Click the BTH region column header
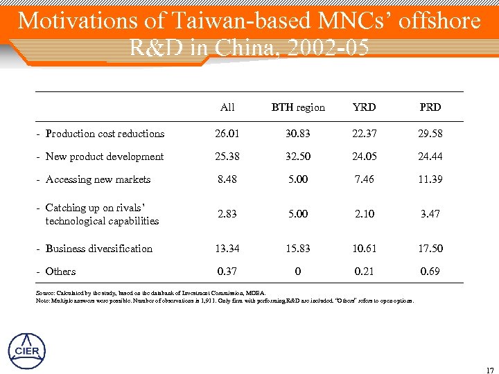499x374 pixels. point(298,107)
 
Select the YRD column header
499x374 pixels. point(364,107)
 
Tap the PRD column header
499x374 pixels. point(430,107)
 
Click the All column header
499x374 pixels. point(227,107)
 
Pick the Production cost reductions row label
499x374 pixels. point(105,134)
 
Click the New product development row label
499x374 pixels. point(104,157)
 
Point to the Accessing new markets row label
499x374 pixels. point(98,179)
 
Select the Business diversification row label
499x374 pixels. point(98,248)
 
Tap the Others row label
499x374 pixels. point(60,271)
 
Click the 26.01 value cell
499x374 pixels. point(227,134)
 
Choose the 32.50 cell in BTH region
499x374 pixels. point(298,157)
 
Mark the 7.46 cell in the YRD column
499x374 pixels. point(364,179)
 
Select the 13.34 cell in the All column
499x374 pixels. point(227,248)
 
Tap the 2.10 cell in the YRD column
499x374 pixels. point(364,214)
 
